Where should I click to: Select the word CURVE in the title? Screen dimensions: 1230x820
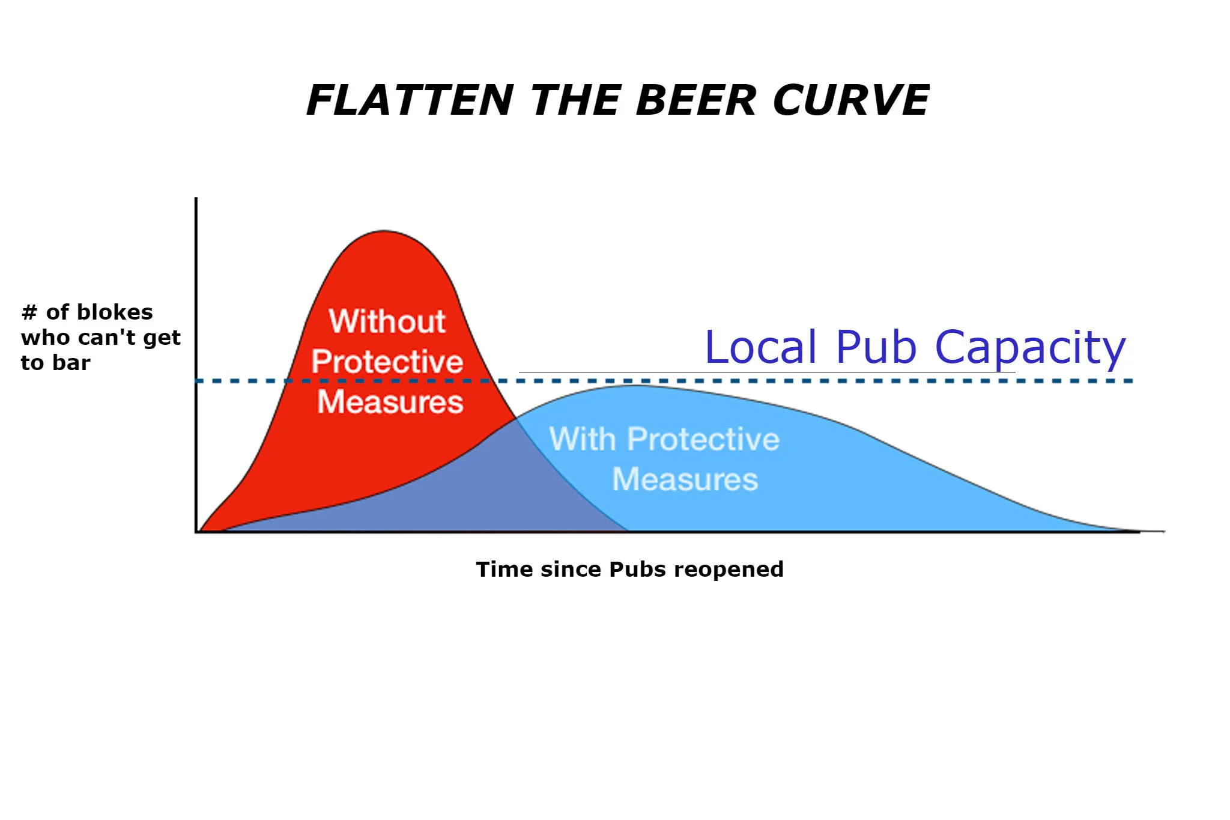851,100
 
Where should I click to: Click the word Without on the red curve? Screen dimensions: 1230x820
387,321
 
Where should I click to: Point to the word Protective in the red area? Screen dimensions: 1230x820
387,362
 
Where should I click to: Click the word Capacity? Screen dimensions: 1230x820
1030,348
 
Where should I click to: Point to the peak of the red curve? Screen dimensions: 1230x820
384,231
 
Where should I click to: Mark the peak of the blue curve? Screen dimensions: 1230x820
634,386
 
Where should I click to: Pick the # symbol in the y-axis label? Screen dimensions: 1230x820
29,312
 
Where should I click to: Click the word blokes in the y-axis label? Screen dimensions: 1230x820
115,312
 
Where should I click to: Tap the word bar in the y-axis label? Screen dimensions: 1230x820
73,363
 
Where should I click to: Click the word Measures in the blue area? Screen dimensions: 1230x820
685,479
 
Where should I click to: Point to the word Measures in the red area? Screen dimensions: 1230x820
390,402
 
